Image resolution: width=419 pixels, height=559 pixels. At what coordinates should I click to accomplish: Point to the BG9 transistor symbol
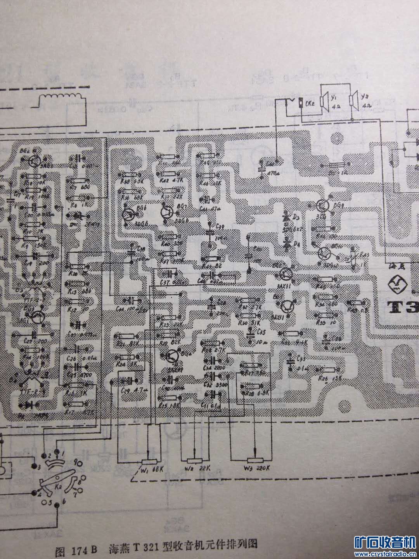coord(323,206)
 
